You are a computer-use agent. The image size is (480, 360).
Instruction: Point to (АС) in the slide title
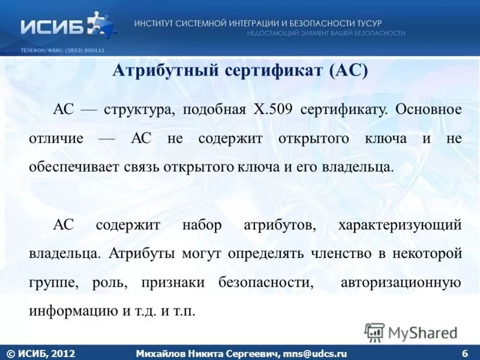coord(348,71)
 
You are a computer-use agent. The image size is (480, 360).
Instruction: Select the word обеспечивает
coord(73,166)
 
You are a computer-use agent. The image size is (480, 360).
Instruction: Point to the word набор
coord(202,225)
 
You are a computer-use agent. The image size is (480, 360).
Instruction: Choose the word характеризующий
coord(400,225)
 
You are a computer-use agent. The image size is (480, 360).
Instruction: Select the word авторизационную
coord(401,282)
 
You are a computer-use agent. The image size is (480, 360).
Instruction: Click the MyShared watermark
coord(411,332)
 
